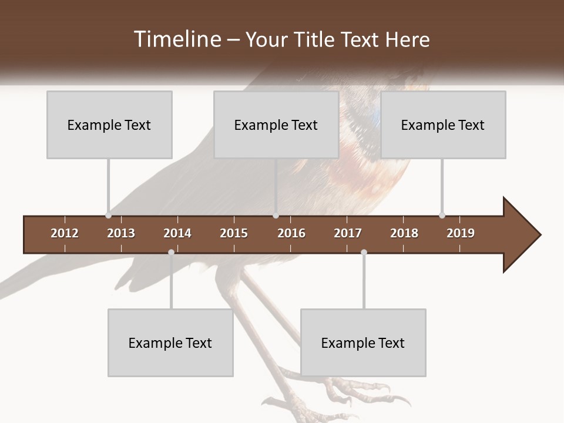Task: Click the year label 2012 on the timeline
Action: coord(65,233)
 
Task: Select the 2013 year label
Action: coord(121,233)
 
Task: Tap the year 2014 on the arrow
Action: coord(177,233)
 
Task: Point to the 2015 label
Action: coord(234,233)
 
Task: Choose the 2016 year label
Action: coord(291,233)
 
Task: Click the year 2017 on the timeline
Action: coord(348,233)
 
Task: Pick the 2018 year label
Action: coord(404,233)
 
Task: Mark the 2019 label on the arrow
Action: coord(461,233)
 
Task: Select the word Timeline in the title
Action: coord(176,39)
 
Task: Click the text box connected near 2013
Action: coord(109,125)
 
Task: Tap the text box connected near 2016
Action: coord(276,125)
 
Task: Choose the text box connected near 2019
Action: coord(443,125)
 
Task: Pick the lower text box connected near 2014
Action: coord(170,343)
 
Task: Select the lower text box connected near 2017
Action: coord(363,343)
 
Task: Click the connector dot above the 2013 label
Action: coord(108,215)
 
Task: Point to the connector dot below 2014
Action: coord(171,252)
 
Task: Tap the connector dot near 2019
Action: coord(442,215)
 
